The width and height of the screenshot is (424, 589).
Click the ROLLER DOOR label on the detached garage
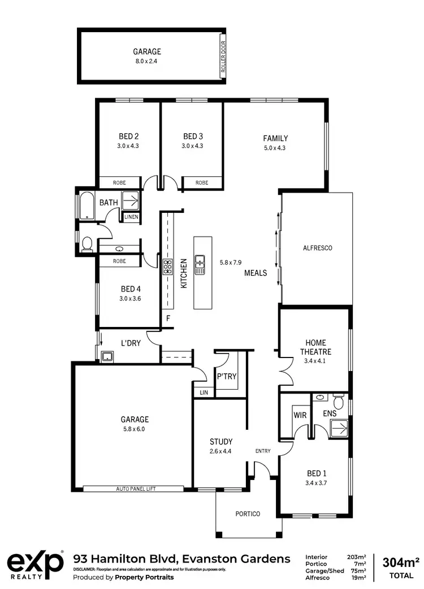pyautogui.click(x=222, y=56)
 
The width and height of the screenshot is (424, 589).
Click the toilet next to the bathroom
pyautogui.click(x=87, y=243)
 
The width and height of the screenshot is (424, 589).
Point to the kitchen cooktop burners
pyautogui.click(x=168, y=267)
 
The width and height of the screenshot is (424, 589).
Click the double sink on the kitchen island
pyautogui.click(x=200, y=264)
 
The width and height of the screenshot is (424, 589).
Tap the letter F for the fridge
pyautogui.click(x=168, y=319)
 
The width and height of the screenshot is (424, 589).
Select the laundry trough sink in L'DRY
pyautogui.click(x=107, y=356)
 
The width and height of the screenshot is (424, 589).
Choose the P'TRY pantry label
pyautogui.click(x=226, y=377)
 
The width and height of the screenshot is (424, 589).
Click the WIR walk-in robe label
pyautogui.click(x=299, y=415)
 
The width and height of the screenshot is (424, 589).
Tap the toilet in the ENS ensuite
pyautogui.click(x=339, y=402)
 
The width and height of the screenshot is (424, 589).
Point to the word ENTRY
pyautogui.click(x=263, y=451)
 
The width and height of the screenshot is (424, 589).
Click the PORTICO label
pyautogui.click(x=248, y=514)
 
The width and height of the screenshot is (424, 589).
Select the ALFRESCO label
pyautogui.click(x=317, y=248)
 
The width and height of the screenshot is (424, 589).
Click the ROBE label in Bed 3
pyautogui.click(x=202, y=182)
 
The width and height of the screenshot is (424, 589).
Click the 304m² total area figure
pyautogui.click(x=401, y=562)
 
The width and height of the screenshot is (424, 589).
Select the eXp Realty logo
pyautogui.click(x=35, y=565)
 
